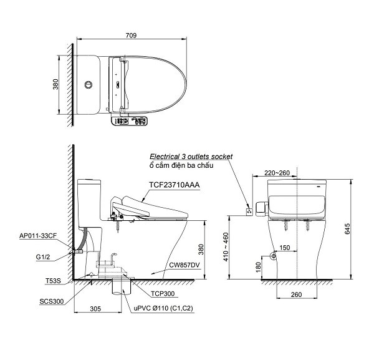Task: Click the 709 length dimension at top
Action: click(131, 36)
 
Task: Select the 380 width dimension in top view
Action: click(55, 84)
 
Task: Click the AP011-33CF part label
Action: click(37, 236)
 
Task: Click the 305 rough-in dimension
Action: click(96, 308)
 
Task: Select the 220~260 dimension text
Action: click(276, 173)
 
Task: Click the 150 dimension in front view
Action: click(284, 248)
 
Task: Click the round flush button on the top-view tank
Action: click(88, 84)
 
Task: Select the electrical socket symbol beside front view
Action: click(250, 210)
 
